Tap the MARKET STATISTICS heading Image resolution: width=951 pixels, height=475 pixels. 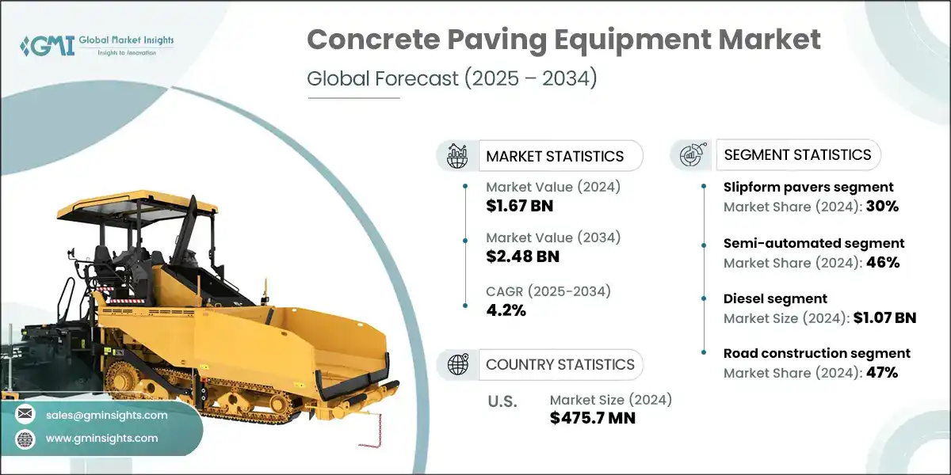(x=555, y=156)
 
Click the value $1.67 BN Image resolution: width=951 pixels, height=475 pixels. (x=520, y=207)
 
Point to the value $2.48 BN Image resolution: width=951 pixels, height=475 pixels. (x=523, y=256)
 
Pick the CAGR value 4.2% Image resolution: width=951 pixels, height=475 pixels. (x=506, y=310)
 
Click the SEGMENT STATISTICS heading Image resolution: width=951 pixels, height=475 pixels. (x=798, y=154)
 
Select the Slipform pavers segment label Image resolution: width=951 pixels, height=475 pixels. (x=808, y=187)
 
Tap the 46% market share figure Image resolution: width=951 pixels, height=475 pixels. (x=882, y=262)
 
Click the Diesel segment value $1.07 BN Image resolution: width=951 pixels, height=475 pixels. (x=884, y=318)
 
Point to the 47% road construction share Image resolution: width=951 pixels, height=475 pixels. (x=881, y=373)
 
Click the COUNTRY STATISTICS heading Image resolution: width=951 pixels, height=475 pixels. (x=560, y=364)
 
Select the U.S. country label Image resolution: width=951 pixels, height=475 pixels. (x=502, y=401)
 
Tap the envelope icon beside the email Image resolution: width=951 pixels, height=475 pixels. (x=25, y=415)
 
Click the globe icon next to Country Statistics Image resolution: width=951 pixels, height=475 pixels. (x=457, y=364)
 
